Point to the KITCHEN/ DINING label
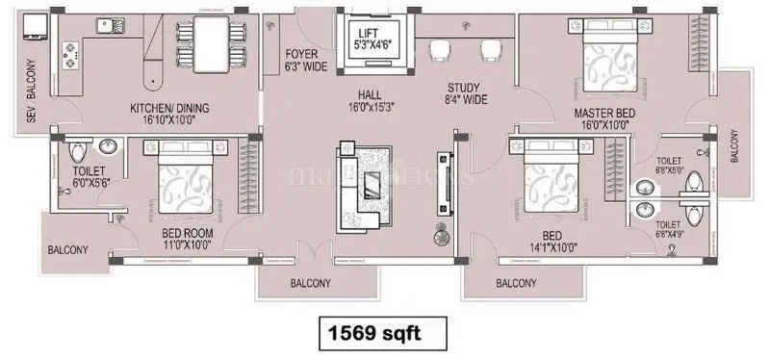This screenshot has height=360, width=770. point(169,114)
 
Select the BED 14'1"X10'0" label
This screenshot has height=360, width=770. point(546,241)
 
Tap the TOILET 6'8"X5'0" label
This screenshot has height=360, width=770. point(669,167)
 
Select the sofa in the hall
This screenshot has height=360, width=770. point(360,186)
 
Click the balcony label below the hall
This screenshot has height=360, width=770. point(311,283)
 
